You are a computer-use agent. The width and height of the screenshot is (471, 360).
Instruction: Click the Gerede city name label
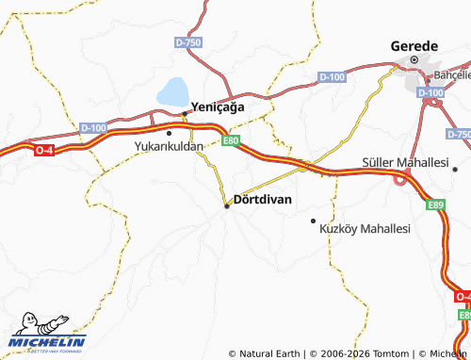pos(414,46)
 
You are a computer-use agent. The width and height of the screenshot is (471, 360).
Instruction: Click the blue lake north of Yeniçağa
pos(172,92)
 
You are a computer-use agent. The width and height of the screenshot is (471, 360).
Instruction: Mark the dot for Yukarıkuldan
pos(170,132)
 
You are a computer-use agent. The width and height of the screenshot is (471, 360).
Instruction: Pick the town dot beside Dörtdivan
pos(227,205)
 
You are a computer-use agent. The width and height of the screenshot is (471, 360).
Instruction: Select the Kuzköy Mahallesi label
pos(365,229)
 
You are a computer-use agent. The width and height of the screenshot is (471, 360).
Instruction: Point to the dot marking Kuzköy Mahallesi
pos(313,221)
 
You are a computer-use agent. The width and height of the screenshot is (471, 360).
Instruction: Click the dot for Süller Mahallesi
pos(455,170)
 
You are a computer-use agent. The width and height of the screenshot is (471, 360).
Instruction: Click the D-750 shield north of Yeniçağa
pos(188,43)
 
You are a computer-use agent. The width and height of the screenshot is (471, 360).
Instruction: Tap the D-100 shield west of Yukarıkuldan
pos(93,127)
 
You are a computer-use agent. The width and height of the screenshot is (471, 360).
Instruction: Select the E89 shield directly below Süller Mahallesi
pos(434,204)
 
